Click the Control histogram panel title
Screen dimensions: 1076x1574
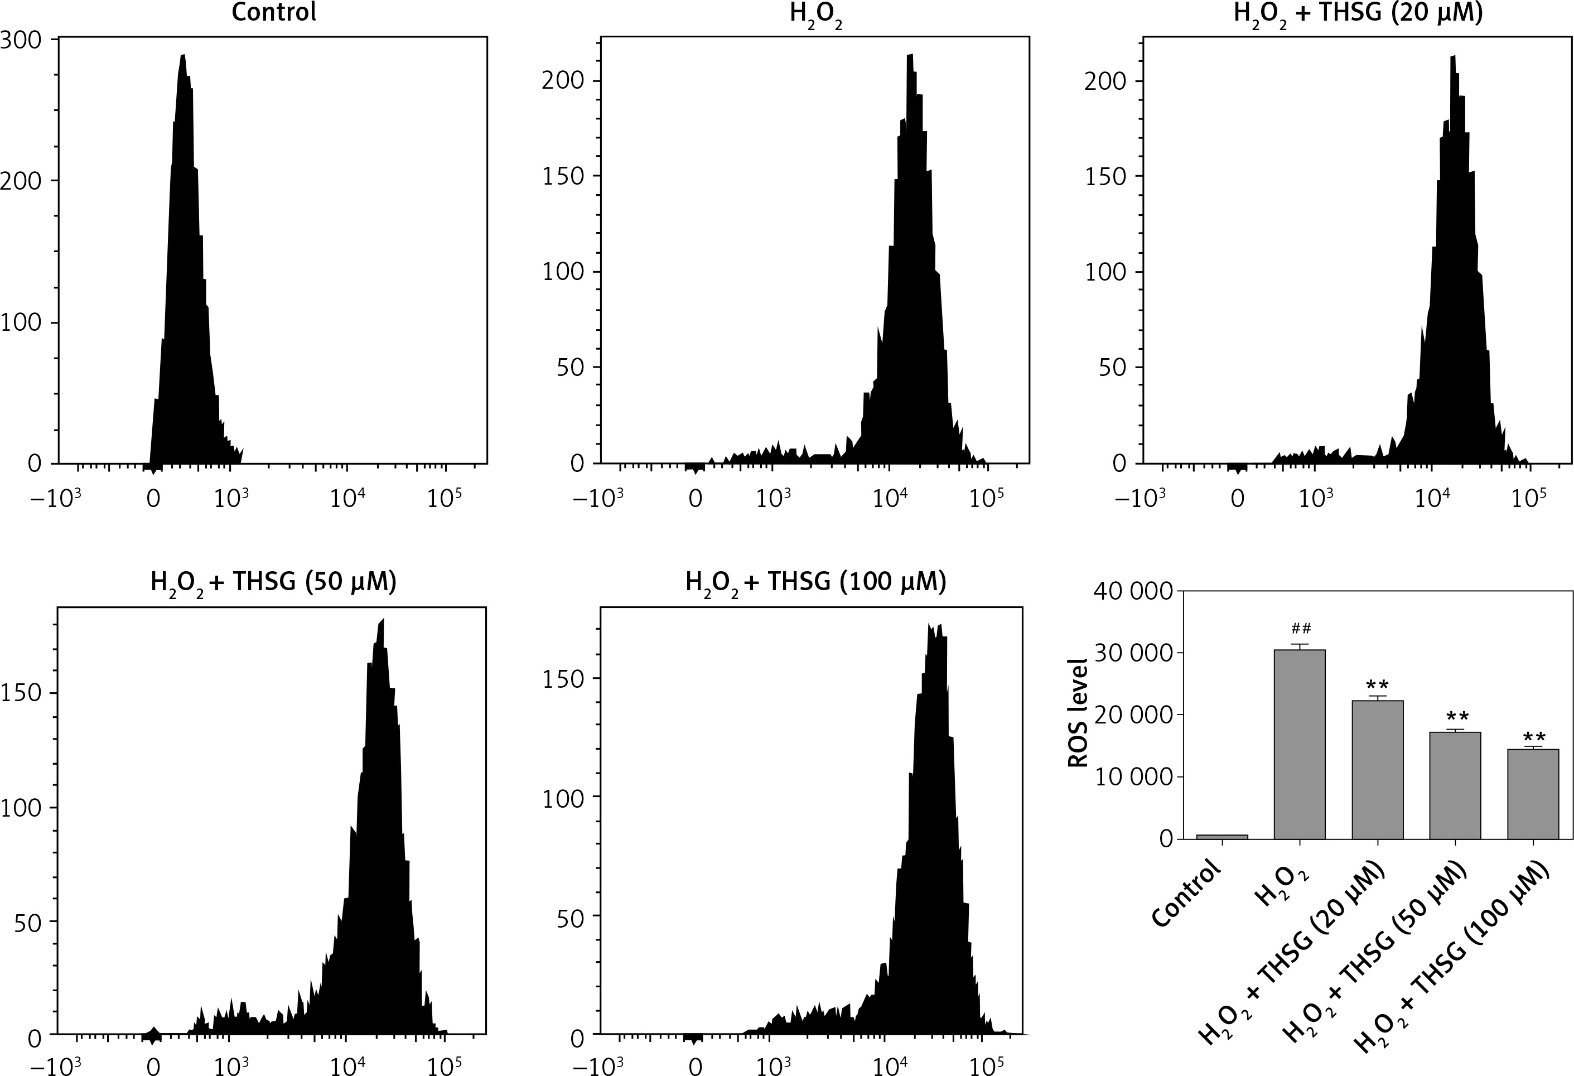click(274, 12)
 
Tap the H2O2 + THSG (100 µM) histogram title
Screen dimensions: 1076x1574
click(815, 582)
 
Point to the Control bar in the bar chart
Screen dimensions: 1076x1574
click(1222, 836)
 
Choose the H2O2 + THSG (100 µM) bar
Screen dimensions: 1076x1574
click(1533, 794)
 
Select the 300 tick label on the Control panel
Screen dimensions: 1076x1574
click(20, 40)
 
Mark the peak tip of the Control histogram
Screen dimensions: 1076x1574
click(183, 56)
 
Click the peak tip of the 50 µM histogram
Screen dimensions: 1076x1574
click(383, 620)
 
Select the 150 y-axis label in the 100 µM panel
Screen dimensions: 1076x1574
click(563, 680)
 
